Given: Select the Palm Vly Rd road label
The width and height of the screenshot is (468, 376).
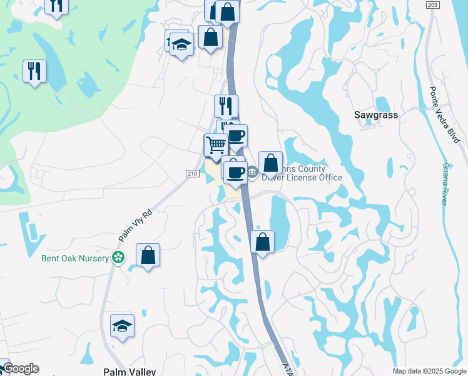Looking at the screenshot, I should click(x=135, y=226).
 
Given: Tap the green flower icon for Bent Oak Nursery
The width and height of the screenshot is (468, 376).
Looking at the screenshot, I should click(x=118, y=257).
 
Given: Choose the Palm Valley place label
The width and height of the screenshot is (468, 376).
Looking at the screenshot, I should click(x=129, y=372).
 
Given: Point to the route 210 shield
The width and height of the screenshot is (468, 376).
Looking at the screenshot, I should click(x=192, y=174).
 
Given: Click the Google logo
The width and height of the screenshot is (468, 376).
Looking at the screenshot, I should click(x=21, y=368).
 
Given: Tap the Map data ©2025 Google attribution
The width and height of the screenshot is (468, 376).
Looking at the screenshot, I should click(x=430, y=371).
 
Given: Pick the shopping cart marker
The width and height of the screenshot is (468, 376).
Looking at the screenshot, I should click(x=216, y=145).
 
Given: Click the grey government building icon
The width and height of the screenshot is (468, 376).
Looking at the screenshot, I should click(x=252, y=172).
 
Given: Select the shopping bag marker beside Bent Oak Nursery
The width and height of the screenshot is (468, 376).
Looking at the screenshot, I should click(x=148, y=256).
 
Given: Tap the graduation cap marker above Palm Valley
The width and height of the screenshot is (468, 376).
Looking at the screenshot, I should click(x=122, y=326).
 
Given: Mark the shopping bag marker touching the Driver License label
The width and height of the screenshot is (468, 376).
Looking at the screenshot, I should click(x=270, y=164).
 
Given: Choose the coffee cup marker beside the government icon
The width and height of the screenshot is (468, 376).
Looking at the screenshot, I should click(x=235, y=174).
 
